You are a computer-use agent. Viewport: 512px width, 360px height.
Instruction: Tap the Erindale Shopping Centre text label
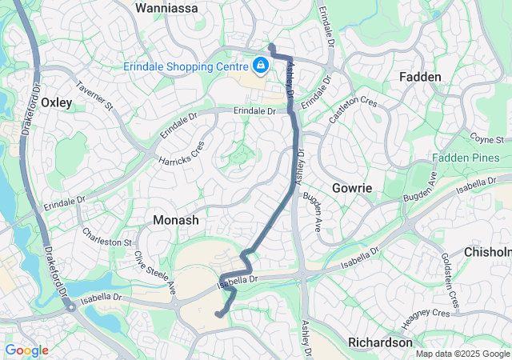point(185,66)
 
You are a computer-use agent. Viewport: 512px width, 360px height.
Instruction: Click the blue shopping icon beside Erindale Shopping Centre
point(260,65)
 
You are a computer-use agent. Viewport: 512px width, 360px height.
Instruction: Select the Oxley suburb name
point(56,102)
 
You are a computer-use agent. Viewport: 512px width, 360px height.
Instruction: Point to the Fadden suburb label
point(420,77)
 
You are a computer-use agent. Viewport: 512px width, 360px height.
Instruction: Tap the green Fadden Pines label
point(465,158)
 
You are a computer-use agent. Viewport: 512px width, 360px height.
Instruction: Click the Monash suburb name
point(175,218)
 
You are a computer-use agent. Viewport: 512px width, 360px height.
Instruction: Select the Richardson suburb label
point(380,342)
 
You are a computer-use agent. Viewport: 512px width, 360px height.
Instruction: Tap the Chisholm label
point(487,252)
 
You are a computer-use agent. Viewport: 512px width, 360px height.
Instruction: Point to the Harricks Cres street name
point(181,150)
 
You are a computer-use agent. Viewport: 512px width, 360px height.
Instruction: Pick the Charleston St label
point(106,238)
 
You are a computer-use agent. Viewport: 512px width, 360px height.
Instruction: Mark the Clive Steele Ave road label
point(154,271)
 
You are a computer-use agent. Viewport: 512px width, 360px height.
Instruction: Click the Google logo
point(26,350)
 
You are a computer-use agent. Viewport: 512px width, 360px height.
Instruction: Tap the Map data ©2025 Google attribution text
point(462,354)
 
